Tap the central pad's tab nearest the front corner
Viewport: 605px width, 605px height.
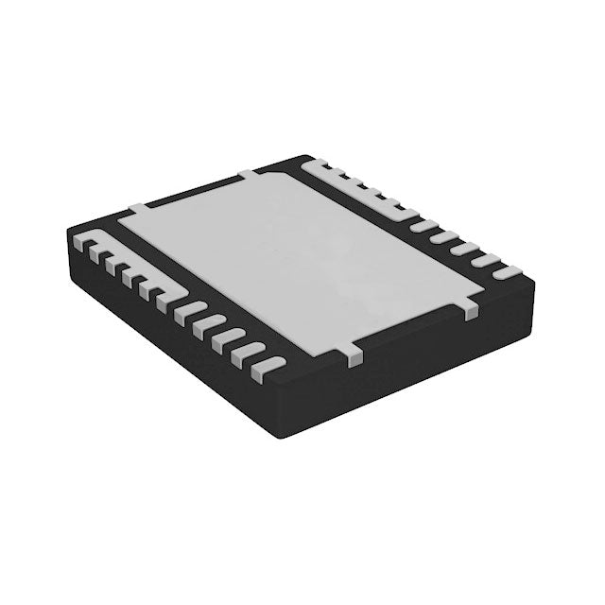tap(353, 356)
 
